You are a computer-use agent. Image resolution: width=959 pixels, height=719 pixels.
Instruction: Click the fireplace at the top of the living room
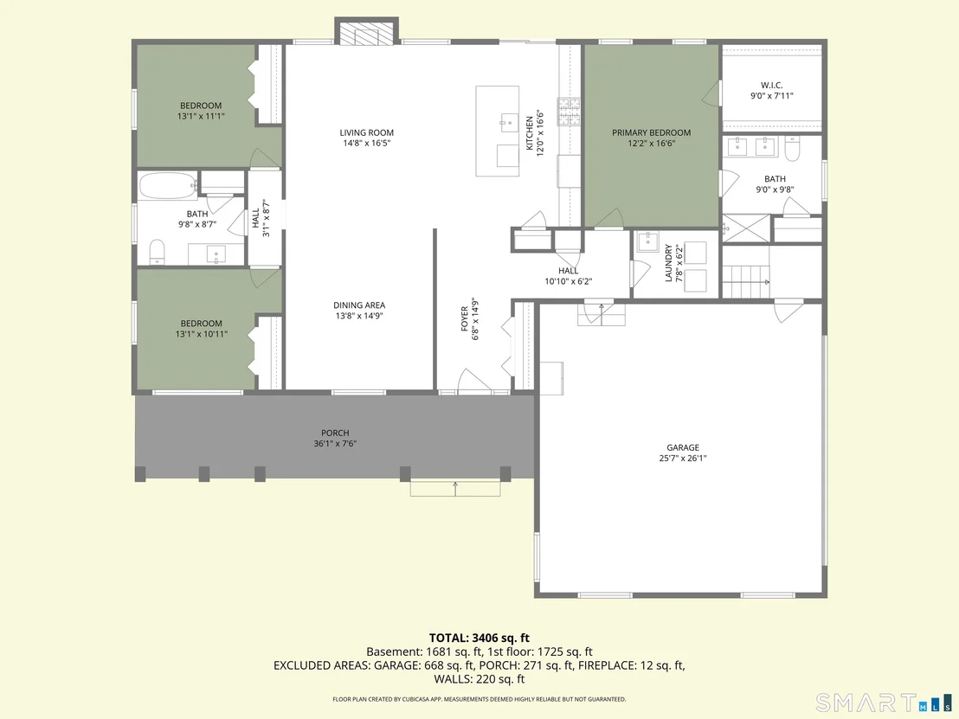click(x=366, y=31)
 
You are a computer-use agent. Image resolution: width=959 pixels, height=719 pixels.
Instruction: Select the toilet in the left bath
click(x=158, y=251)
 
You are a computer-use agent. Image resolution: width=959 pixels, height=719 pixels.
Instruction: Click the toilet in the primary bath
click(x=792, y=149)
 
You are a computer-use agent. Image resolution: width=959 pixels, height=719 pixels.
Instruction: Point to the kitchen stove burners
click(x=568, y=112)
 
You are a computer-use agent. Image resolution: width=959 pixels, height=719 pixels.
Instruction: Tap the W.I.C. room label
click(x=772, y=86)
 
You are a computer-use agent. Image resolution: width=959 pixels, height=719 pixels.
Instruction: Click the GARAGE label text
click(x=683, y=447)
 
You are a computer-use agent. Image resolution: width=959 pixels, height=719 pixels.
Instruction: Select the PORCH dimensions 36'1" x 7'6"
click(x=335, y=444)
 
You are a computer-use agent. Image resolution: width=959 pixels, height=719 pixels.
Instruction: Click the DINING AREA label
click(x=359, y=305)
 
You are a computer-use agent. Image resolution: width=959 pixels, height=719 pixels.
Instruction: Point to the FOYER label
click(x=465, y=318)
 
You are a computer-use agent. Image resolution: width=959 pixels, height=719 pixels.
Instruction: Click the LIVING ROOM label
click(x=367, y=132)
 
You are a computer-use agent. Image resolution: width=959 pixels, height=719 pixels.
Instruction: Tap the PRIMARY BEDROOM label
click(x=652, y=132)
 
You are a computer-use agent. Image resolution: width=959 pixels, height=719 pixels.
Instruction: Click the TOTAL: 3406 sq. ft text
click(x=479, y=639)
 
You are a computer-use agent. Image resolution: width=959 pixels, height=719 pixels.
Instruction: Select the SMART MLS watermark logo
click(x=885, y=702)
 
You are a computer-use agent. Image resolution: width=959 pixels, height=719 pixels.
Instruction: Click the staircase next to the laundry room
click(x=745, y=282)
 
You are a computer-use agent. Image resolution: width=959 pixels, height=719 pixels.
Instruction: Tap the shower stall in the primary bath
click(x=746, y=228)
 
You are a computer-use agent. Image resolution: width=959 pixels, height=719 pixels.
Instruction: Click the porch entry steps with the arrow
click(x=455, y=488)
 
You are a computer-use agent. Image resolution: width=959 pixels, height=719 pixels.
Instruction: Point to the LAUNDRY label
click(x=668, y=264)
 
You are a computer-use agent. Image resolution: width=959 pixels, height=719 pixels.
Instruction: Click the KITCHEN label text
click(x=530, y=132)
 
